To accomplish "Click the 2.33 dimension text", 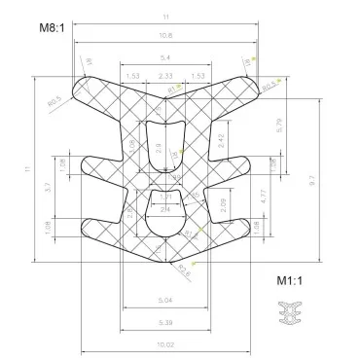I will click(x=165, y=75).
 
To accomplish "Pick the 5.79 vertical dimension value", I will click(x=279, y=126).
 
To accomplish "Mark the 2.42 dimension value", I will click(x=221, y=142).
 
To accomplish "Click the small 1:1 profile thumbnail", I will click(x=290, y=314).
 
